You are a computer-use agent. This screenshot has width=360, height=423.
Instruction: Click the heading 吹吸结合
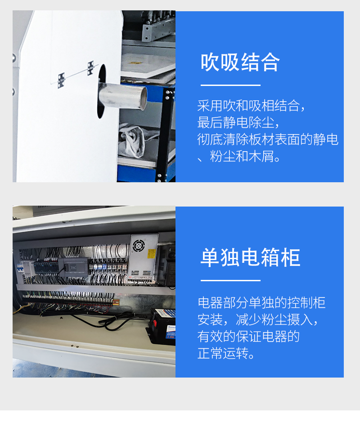240,62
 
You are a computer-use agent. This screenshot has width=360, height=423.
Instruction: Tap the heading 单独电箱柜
250,258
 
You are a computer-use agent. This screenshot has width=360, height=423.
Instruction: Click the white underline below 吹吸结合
230,85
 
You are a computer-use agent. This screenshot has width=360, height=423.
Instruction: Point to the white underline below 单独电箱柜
230,280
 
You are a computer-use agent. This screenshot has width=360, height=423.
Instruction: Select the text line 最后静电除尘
236,122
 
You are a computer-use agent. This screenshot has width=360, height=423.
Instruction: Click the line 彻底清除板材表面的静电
268,139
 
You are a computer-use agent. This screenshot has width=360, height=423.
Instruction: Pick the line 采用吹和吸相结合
248,105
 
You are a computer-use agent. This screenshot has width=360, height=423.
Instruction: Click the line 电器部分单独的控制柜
261,303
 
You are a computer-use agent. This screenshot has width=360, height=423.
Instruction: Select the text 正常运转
223,353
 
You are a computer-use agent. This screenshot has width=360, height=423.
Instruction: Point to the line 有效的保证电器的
248,337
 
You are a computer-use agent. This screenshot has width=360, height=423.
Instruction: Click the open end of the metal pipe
143,99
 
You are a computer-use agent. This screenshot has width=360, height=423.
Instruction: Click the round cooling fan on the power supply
139,246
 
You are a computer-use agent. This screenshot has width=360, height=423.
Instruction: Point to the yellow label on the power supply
152,254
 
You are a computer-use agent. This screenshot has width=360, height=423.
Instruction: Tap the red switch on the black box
155,323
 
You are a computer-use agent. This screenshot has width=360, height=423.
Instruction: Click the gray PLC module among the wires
73,267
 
